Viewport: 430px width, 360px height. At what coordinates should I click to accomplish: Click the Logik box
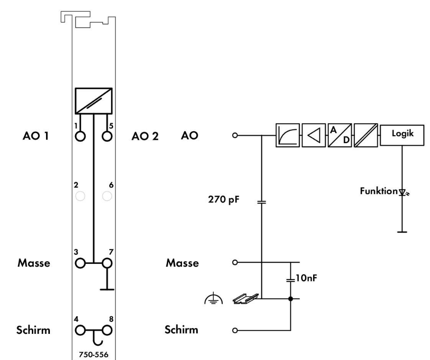(x=402, y=135)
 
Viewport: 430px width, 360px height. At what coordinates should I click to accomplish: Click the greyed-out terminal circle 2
(x=80, y=196)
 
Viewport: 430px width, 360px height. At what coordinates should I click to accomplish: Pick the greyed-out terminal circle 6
(x=108, y=196)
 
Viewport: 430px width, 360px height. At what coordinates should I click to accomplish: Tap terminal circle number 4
(x=80, y=329)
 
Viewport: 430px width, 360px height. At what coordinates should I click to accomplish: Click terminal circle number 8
(x=108, y=329)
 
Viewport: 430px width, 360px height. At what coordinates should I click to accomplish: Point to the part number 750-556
(x=94, y=354)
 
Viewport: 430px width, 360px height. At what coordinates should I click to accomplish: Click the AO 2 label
(x=145, y=136)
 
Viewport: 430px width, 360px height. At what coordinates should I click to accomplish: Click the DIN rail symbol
(x=245, y=298)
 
